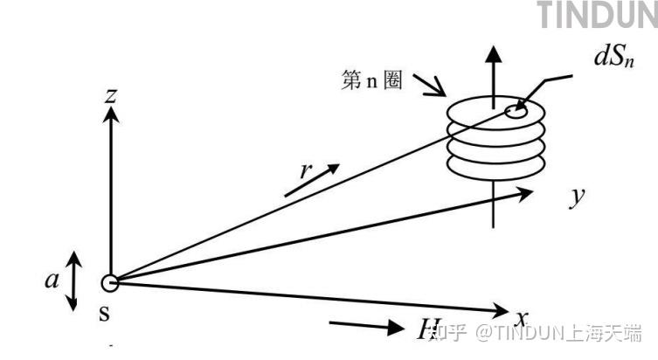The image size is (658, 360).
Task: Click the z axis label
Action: pyautogui.click(x=110, y=95)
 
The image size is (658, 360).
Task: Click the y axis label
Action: pyautogui.click(x=577, y=197)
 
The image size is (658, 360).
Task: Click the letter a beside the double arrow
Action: pyautogui.click(x=52, y=280)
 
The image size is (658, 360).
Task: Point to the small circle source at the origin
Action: pyautogui.click(x=109, y=282)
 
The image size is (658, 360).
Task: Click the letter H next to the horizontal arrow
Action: pyautogui.click(x=427, y=329)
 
